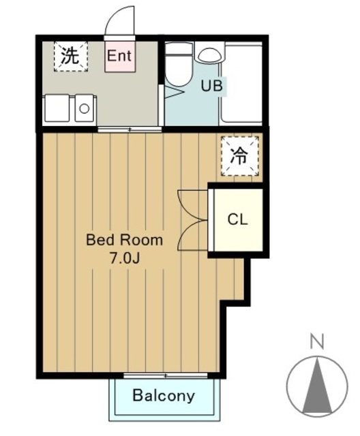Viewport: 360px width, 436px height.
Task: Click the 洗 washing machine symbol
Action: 69,56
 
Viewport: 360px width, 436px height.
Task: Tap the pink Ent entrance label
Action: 119,56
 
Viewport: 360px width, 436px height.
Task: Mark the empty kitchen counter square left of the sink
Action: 57,108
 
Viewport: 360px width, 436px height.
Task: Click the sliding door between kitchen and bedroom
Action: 130,129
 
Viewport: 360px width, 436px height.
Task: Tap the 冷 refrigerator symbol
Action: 239,156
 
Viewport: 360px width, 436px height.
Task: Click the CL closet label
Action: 237,219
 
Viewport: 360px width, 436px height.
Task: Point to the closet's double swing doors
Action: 192,219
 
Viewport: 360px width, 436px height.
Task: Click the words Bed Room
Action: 124,240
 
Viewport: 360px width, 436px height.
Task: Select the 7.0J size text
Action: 124,258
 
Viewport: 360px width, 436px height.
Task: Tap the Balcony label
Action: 164,396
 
